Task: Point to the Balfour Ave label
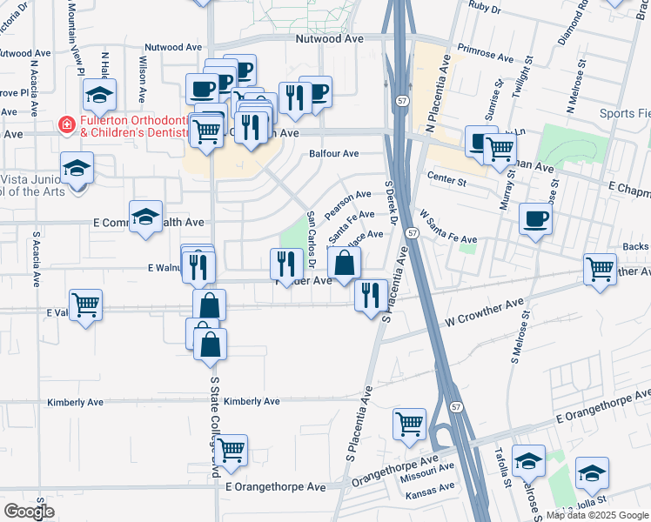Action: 334,154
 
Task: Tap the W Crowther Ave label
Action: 485,309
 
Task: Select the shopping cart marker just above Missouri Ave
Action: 409,425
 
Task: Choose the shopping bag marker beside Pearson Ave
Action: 345,263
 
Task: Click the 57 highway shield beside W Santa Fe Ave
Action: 413,233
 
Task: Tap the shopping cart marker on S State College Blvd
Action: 231,450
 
